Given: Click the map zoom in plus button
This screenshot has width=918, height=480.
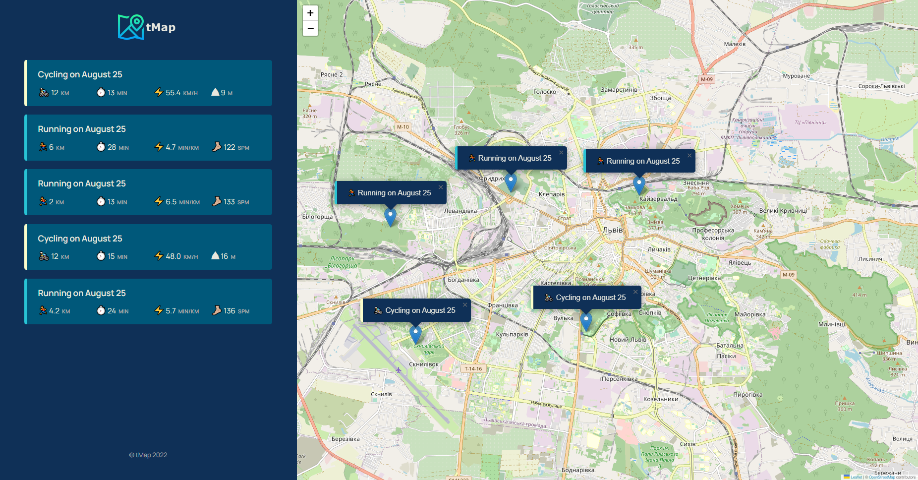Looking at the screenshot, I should [x=310, y=13].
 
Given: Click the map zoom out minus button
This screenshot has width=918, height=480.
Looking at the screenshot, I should [x=310, y=28].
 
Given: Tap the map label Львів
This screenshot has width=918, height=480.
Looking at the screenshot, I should [x=613, y=230].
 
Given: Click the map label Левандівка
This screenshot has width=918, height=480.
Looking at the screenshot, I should [x=460, y=211].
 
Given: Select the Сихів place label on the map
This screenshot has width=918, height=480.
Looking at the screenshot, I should [x=688, y=444].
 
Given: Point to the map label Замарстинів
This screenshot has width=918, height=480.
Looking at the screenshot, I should [x=619, y=90].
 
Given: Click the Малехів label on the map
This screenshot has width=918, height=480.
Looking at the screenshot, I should [x=735, y=44].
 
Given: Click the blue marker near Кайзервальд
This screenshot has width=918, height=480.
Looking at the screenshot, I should [x=639, y=184].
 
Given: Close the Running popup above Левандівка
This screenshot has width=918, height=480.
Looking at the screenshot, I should [x=441, y=187].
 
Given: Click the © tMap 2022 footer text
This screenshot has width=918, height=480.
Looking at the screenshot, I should [x=148, y=455].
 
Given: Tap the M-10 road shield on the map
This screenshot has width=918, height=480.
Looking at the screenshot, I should [x=403, y=127].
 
